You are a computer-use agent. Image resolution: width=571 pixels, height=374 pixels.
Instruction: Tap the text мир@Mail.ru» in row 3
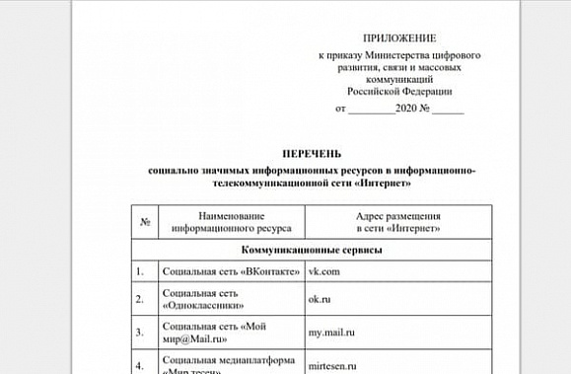tap(195, 338)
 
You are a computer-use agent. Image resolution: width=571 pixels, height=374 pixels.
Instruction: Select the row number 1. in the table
tap(141, 270)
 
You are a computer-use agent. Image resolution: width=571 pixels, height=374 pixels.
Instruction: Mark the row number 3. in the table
tap(141, 332)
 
